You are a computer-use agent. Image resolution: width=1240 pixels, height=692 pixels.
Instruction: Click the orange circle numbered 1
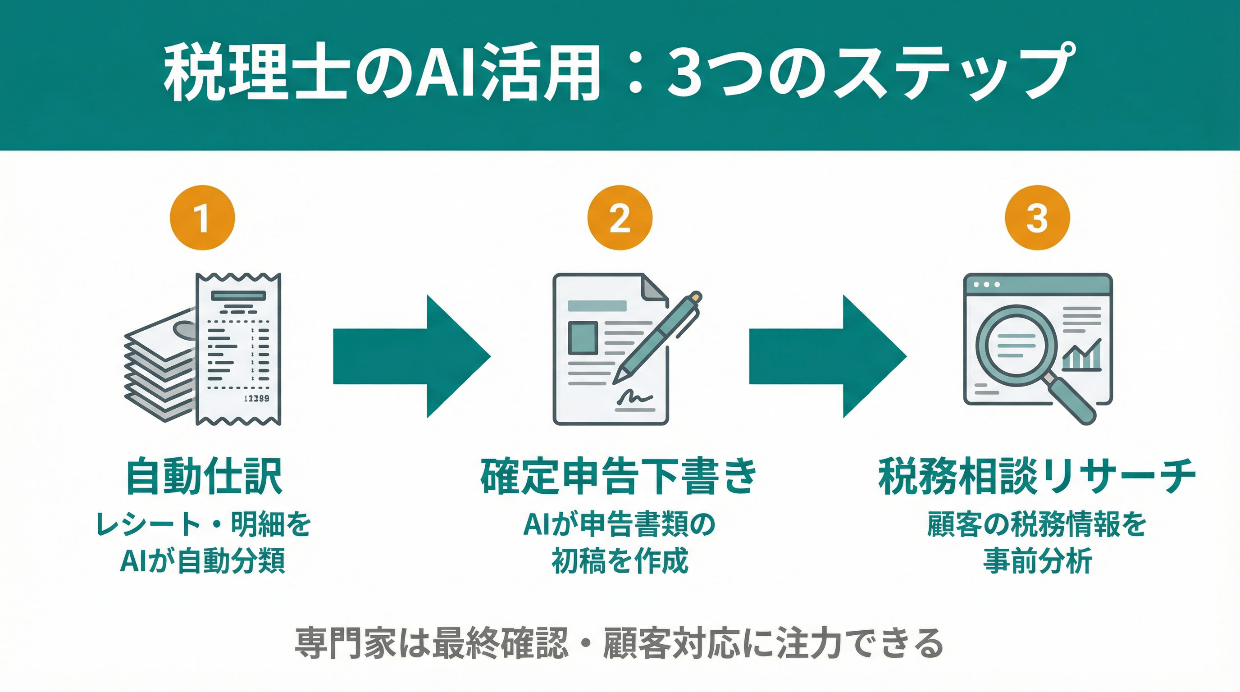click(x=202, y=218)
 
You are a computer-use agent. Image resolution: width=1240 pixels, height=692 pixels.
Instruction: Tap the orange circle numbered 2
click(x=620, y=218)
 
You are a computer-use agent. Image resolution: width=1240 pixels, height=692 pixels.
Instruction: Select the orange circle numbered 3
click(x=1037, y=218)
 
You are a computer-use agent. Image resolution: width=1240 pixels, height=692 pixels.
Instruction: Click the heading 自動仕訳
click(x=204, y=477)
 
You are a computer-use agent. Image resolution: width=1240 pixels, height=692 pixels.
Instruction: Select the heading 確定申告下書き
click(x=620, y=477)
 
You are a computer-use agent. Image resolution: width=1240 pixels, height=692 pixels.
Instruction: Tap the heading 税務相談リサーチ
click(x=1037, y=477)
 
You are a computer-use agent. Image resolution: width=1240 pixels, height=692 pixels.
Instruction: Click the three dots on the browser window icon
click(x=986, y=284)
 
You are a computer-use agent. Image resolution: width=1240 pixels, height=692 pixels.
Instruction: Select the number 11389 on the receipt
click(x=256, y=398)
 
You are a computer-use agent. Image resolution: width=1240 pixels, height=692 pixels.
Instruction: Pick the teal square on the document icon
click(x=583, y=338)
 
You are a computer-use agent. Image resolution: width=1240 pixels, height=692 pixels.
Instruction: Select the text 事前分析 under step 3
click(x=1037, y=561)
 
